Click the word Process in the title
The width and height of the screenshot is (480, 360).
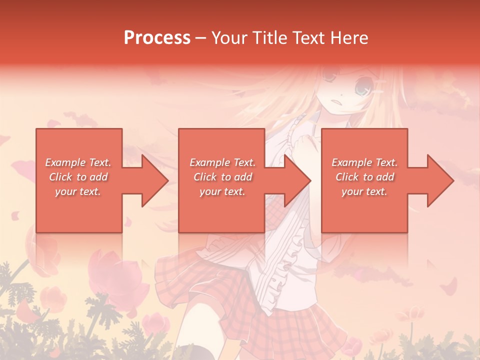point(157,37)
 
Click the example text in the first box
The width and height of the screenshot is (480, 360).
point(78,176)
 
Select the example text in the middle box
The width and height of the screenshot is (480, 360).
point(222,176)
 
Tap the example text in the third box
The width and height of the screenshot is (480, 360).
point(364,176)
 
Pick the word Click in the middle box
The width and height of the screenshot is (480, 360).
point(205,177)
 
